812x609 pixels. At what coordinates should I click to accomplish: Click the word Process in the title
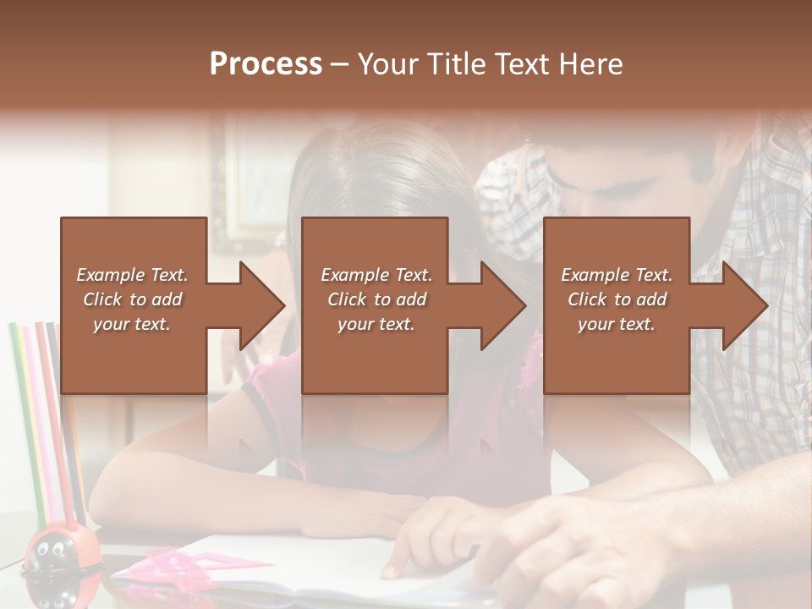coord(266,64)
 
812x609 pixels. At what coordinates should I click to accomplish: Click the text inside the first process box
coord(132,299)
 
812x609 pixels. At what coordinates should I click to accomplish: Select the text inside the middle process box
coord(376,299)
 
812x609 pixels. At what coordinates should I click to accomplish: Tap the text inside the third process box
coord(617,299)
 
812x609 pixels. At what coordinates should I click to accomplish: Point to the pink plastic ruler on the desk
coord(211,562)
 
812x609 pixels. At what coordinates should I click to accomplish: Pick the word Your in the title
coord(385,64)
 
